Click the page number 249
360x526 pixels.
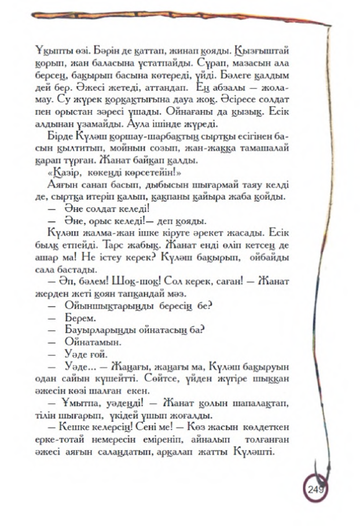[315, 490]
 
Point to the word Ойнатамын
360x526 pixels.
[85, 341]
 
